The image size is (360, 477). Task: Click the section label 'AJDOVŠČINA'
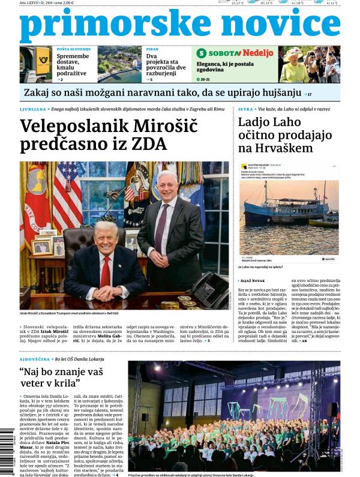pos(35,359)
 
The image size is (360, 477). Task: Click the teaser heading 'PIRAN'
pos(152,49)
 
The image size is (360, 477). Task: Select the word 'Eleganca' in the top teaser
pos(212,63)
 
